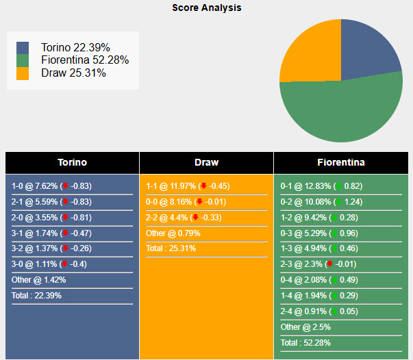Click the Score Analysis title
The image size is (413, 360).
click(x=206, y=8)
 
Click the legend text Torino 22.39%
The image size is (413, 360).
click(x=75, y=47)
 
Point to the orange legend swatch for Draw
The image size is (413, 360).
click(x=23, y=73)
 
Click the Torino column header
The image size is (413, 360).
click(x=72, y=163)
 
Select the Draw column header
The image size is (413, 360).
click(x=206, y=163)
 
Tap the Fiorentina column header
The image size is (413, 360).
click(x=341, y=163)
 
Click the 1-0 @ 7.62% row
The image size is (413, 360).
click(x=51, y=186)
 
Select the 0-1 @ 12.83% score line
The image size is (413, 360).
click(x=321, y=186)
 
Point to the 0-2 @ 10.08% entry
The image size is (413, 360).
click(x=321, y=202)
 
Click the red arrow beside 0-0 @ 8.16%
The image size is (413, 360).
click(x=199, y=202)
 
